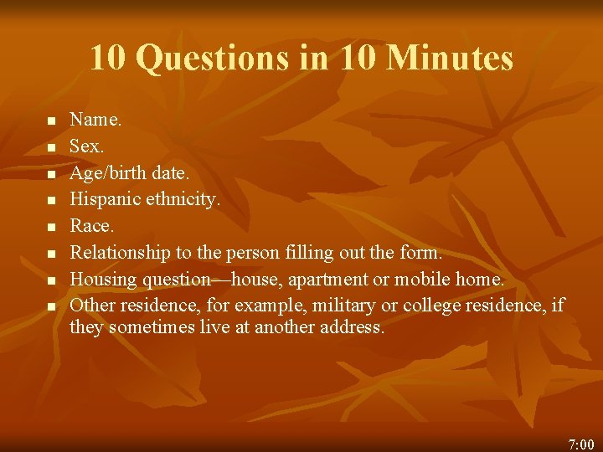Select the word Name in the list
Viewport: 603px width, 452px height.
point(93,120)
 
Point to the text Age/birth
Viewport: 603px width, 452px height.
point(107,173)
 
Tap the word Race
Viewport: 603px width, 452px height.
point(89,225)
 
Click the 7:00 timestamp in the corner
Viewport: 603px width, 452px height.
point(580,444)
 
